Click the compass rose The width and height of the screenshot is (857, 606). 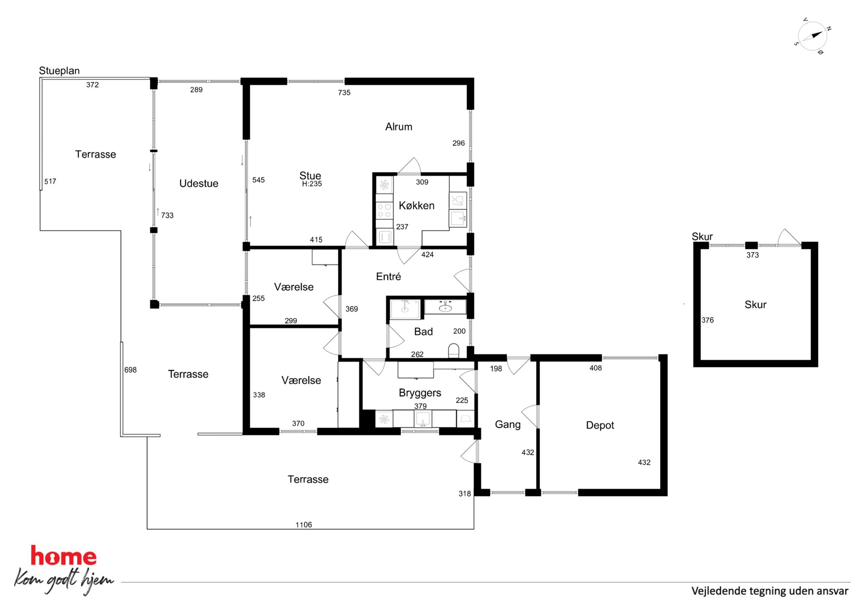coord(812,36)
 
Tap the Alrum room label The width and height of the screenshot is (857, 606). coord(399,127)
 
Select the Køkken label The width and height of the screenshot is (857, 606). coord(416,206)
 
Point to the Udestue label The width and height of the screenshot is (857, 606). coord(199,183)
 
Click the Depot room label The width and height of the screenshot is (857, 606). coord(600,425)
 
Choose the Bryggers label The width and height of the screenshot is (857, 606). coord(420,393)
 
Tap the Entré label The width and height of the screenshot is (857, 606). coord(388,276)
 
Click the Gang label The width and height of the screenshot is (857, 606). coord(508,425)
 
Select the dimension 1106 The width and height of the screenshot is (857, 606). coord(304,525)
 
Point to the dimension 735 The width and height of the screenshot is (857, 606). coord(344,92)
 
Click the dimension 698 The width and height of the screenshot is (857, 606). coord(130,370)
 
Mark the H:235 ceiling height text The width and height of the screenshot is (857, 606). coord(312,184)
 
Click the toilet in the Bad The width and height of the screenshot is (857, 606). coord(454,350)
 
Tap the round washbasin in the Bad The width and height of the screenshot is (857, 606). coord(445,307)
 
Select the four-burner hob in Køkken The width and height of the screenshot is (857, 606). coord(384,211)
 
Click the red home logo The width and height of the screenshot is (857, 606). coord(63,556)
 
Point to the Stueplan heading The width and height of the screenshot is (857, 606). coord(59,70)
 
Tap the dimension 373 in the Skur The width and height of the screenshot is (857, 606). coord(752,255)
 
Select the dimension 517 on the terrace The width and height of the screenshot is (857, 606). coord(50,181)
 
